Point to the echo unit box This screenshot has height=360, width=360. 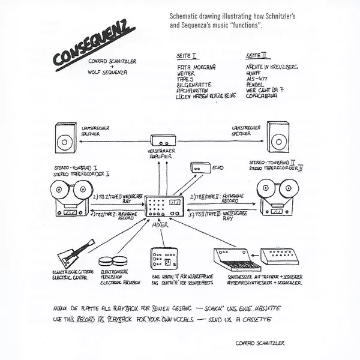(x=197, y=169)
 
